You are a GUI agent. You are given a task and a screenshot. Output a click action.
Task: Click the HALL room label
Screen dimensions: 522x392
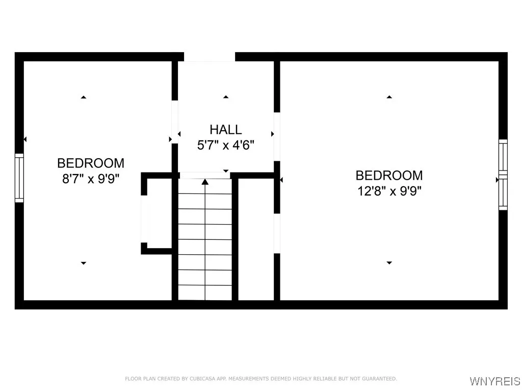click(x=226, y=129)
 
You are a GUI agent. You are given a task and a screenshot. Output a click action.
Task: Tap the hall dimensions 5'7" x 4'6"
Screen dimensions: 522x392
click(x=226, y=145)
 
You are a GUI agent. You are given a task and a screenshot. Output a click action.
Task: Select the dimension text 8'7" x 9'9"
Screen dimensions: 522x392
click(x=91, y=179)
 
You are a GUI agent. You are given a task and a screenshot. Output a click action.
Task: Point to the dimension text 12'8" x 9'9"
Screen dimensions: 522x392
click(x=389, y=191)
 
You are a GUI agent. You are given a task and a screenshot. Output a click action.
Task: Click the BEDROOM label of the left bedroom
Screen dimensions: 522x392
click(x=91, y=163)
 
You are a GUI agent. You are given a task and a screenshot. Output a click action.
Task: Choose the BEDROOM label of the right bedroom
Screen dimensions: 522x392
click(x=389, y=176)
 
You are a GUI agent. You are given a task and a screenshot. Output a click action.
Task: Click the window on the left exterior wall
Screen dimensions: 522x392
click(x=19, y=178)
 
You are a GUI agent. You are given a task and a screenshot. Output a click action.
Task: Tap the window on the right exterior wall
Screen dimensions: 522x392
click(x=503, y=175)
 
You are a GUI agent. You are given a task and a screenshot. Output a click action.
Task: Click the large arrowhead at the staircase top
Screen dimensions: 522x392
click(x=205, y=182)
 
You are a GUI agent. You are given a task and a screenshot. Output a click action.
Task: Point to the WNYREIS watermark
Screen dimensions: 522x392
click(x=495, y=381)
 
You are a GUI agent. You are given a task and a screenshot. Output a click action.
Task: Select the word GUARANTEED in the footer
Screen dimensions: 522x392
click(x=379, y=379)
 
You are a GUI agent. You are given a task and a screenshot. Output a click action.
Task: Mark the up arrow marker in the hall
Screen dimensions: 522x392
click(x=226, y=97)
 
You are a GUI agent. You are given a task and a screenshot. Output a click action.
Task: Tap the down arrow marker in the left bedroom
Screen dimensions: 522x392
click(x=84, y=263)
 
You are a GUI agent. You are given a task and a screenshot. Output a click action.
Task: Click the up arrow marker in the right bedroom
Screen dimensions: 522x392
click(x=389, y=97)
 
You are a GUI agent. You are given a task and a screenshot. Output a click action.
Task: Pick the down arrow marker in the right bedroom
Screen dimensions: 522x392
click(x=389, y=263)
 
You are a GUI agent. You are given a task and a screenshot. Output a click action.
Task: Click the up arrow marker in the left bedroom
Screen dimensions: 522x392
click(x=84, y=97)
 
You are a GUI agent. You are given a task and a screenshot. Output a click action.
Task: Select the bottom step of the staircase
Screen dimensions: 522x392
click(x=205, y=292)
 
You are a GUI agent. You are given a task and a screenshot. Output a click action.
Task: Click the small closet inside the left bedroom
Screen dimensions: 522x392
click(x=159, y=213)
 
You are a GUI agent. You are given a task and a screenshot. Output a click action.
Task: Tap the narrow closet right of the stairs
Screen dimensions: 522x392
click(x=256, y=239)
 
